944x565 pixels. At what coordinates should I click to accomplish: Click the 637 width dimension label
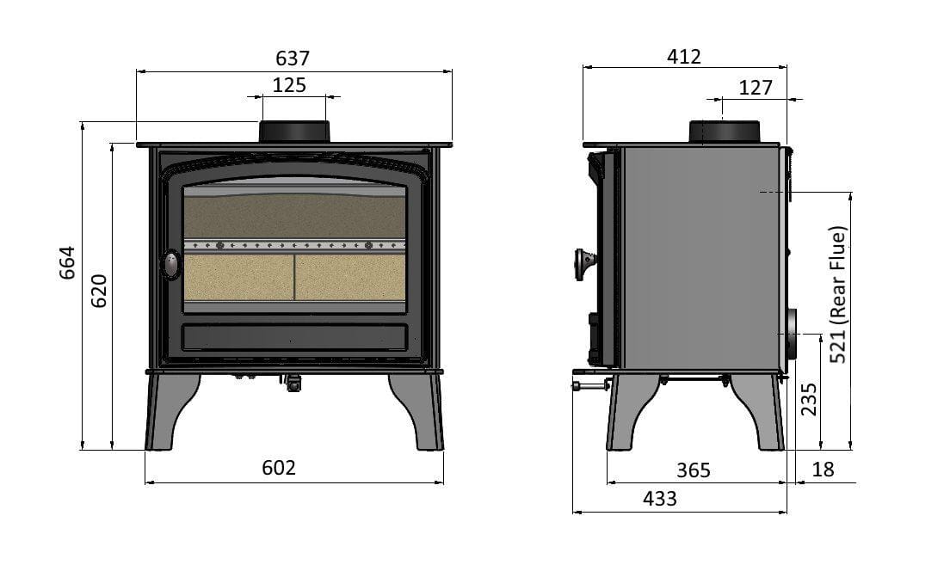click(293, 58)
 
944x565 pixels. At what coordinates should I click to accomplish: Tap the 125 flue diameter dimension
click(290, 85)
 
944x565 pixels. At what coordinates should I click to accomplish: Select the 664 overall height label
click(67, 262)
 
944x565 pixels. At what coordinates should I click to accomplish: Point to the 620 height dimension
click(99, 292)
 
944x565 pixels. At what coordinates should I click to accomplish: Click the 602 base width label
click(279, 468)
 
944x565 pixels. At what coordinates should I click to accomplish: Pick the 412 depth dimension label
click(684, 57)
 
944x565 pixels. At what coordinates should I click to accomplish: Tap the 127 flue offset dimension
click(755, 88)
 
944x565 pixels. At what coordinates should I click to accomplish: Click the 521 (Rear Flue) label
click(838, 295)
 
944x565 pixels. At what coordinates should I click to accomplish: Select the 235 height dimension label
click(809, 400)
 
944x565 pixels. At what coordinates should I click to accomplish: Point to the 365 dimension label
click(694, 470)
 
